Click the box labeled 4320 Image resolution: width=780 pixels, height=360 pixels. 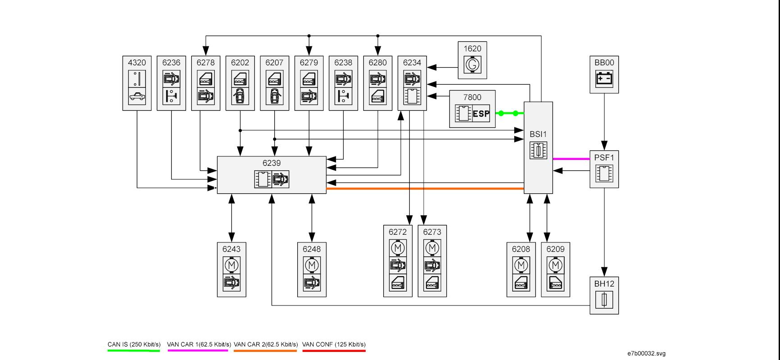[x=137, y=83]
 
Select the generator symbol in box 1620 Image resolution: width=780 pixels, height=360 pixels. [x=472, y=65]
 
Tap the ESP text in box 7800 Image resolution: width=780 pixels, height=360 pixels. [x=481, y=114]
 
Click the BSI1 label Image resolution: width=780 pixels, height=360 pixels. [x=538, y=134]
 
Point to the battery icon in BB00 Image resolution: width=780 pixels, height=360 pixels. [x=604, y=79]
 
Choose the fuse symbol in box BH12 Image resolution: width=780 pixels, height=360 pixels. [x=604, y=300]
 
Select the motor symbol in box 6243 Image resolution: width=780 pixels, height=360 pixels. [x=231, y=265]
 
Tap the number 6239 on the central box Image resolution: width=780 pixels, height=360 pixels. [x=272, y=163]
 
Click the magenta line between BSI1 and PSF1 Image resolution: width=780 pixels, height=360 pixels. [x=571, y=159]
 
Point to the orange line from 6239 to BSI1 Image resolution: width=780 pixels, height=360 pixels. [x=425, y=189]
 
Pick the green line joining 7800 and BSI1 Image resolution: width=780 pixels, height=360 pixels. [x=510, y=114]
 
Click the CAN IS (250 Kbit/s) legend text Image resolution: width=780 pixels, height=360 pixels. [x=134, y=345]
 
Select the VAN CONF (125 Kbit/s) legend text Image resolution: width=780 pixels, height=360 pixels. [x=334, y=345]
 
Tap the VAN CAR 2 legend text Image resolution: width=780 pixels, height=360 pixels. [x=266, y=345]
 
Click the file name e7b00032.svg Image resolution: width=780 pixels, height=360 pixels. [x=646, y=353]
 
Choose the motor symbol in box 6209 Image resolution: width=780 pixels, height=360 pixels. [x=555, y=265]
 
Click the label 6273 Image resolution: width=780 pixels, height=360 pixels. [x=432, y=232]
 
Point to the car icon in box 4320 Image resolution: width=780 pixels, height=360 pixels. [x=137, y=96]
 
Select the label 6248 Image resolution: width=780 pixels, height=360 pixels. [x=312, y=249]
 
